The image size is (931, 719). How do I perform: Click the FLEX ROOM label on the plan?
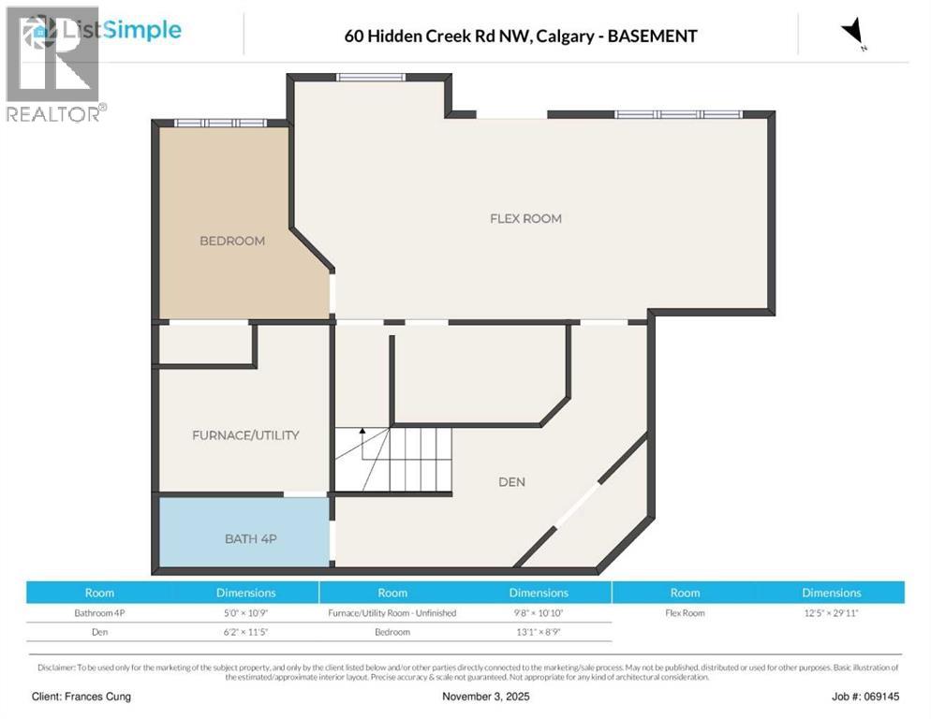[525, 218]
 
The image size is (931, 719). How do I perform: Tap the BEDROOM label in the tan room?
[232, 241]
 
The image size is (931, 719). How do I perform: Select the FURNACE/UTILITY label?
[245, 434]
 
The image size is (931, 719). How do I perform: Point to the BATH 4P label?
[250, 538]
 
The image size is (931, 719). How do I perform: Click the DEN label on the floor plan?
[511, 481]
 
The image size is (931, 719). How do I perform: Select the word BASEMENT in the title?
[652, 37]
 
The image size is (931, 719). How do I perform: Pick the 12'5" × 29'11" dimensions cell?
[831, 613]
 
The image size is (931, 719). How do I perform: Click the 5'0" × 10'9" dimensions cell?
[245, 613]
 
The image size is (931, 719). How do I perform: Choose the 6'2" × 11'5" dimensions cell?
[245, 632]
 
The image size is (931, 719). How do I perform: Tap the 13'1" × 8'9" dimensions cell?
[539, 632]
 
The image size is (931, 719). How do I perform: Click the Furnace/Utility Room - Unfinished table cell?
[392, 613]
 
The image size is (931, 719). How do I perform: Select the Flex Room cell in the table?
[685, 613]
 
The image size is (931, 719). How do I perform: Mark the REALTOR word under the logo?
[52, 113]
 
